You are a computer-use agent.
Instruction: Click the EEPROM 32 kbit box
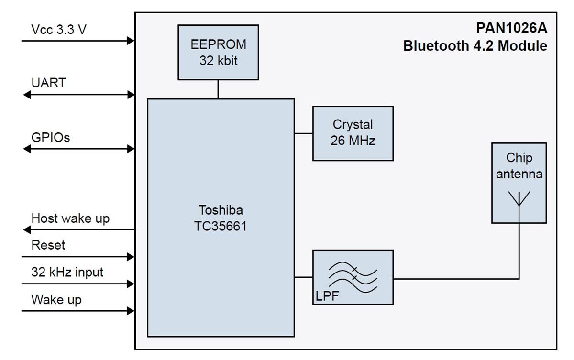coord(218,53)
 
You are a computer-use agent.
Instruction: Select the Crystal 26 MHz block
coord(353,133)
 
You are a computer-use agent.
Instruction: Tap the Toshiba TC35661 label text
coord(221,218)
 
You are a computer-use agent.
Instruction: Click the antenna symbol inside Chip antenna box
coord(519,198)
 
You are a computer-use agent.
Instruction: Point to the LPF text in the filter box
coord(327,296)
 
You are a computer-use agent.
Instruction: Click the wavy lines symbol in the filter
coord(353,276)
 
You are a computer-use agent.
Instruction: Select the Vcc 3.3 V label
coord(59,30)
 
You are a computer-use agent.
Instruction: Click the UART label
coord(49,83)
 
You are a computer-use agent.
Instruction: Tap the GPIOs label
coord(51,138)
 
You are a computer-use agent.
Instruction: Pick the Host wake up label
coord(70,218)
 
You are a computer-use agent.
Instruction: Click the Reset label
coord(48,245)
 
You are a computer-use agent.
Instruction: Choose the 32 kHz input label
coord(67,273)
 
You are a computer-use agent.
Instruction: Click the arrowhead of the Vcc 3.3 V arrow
coord(131,41)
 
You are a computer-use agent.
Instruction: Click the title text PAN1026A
coord(511,28)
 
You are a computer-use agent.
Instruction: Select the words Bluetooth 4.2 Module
coord(475,46)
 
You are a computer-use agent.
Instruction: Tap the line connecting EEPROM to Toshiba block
coord(218,89)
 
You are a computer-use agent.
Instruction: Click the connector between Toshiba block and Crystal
coord(303,133)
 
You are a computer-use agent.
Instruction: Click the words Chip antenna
coord(519,166)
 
